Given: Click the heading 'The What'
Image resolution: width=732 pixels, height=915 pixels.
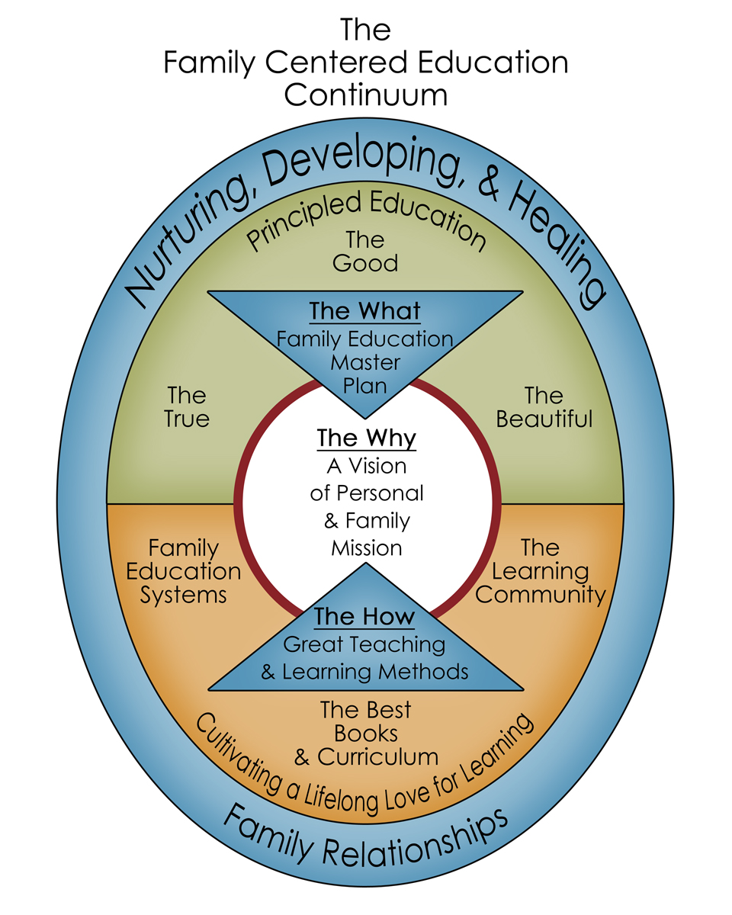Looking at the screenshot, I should coord(364,312).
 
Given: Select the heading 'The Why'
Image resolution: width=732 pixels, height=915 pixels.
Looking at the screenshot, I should coord(366,438).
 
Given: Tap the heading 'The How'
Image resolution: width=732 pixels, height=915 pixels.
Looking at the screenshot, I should coord(365,616).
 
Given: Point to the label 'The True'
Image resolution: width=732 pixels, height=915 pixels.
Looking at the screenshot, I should coord(187,407).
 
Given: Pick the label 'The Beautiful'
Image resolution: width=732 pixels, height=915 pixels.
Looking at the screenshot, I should coord(544,407).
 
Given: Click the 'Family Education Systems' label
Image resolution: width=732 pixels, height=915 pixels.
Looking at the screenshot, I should coord(184,571).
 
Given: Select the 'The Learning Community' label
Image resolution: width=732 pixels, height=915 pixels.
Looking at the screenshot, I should coord(540,571).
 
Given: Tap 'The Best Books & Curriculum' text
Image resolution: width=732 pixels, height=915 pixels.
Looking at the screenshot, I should coord(366,733).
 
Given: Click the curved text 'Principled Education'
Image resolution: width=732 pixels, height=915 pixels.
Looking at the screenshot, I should coord(366,217).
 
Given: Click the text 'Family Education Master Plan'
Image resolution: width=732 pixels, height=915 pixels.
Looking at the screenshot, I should coord(365,361).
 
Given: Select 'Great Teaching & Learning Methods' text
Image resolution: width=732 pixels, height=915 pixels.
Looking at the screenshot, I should coord(364,658).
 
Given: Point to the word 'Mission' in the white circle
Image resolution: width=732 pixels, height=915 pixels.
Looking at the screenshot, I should coord(366,547).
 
